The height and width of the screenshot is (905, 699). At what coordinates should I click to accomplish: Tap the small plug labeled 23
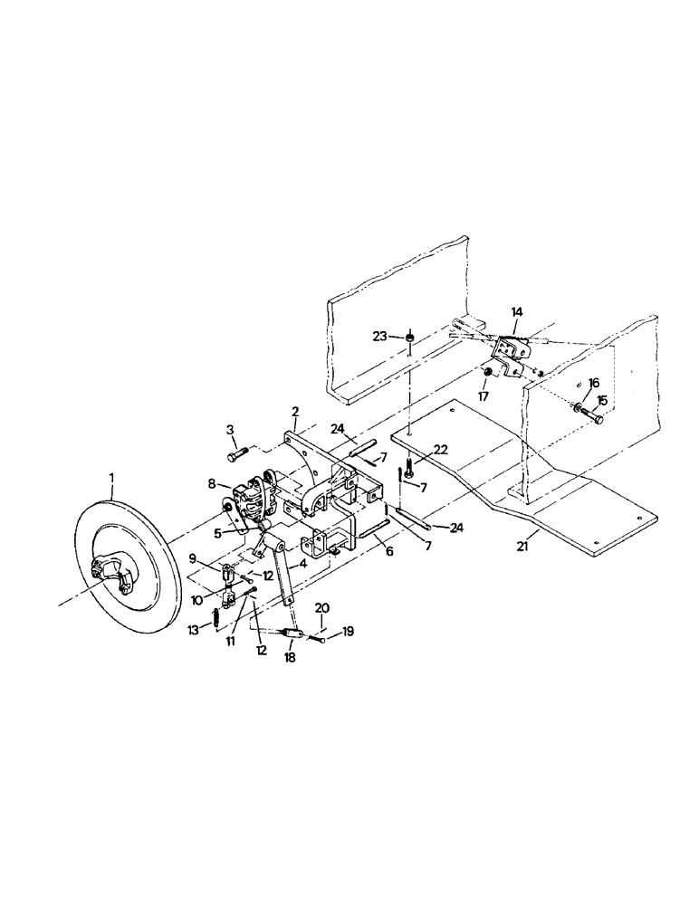[409, 338]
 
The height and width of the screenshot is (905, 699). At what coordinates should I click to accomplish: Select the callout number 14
[515, 311]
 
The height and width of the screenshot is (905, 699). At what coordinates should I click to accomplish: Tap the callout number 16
[594, 384]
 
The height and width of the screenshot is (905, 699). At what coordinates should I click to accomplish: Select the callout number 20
[322, 608]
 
